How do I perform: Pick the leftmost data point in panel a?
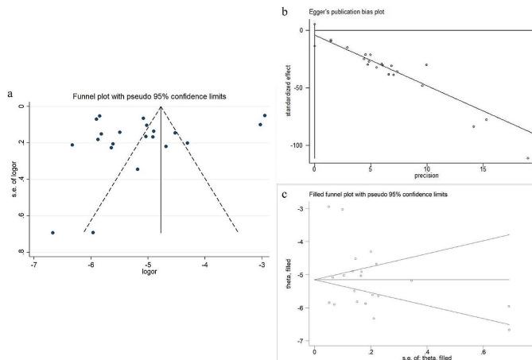[x=52, y=233]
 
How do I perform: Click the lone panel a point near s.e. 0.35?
[x=138, y=169]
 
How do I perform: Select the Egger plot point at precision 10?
[x=426, y=65]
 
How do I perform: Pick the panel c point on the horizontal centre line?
[x=411, y=281]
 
